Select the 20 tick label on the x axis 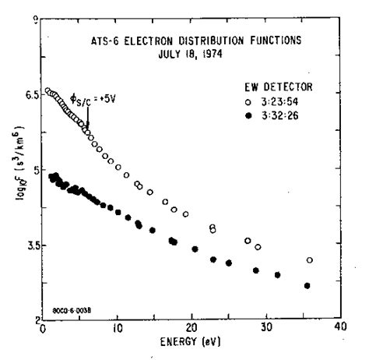coord(191,328)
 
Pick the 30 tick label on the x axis coord(265,328)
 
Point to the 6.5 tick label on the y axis coord(30,93)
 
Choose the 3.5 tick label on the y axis coord(30,245)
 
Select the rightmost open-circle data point coord(310,260)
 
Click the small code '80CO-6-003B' coord(72,309)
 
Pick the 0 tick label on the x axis coord(42,328)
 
